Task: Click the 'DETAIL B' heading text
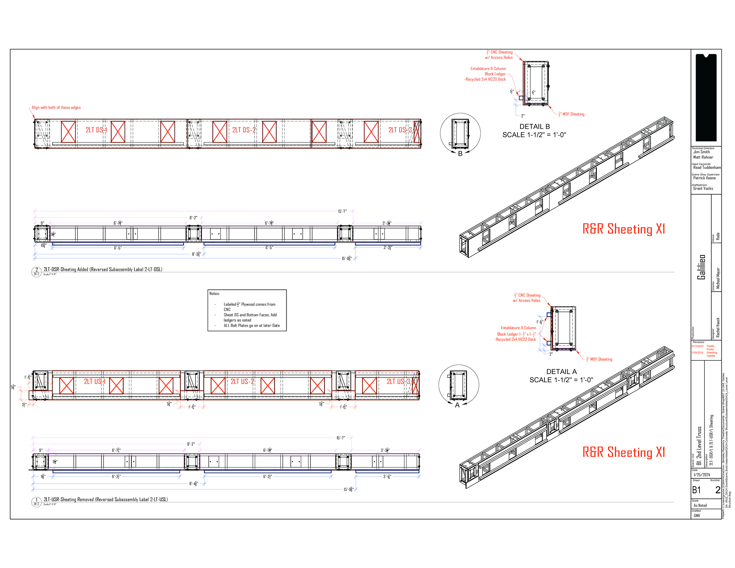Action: pos(534,126)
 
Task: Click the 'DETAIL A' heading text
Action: pos(561,372)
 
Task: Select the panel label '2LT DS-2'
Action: pos(244,130)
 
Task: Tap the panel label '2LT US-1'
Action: pos(95,381)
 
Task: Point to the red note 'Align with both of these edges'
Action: pos(56,108)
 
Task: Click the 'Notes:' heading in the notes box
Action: pos(214,293)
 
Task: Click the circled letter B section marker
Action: pos(460,154)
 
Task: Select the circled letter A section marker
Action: pos(457,405)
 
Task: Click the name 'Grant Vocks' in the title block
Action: pos(703,188)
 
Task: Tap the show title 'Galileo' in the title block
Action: pos(701,267)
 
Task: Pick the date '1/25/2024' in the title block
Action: pos(702,475)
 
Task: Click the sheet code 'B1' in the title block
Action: pos(696,490)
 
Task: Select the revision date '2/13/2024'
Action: pos(697,346)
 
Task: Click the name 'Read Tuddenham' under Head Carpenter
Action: pos(707,168)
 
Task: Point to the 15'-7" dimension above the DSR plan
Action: pos(342,211)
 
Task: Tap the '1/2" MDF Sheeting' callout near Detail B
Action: pos(572,114)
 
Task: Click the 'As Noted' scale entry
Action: pos(700,505)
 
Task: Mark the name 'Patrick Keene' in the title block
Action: pos(704,178)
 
